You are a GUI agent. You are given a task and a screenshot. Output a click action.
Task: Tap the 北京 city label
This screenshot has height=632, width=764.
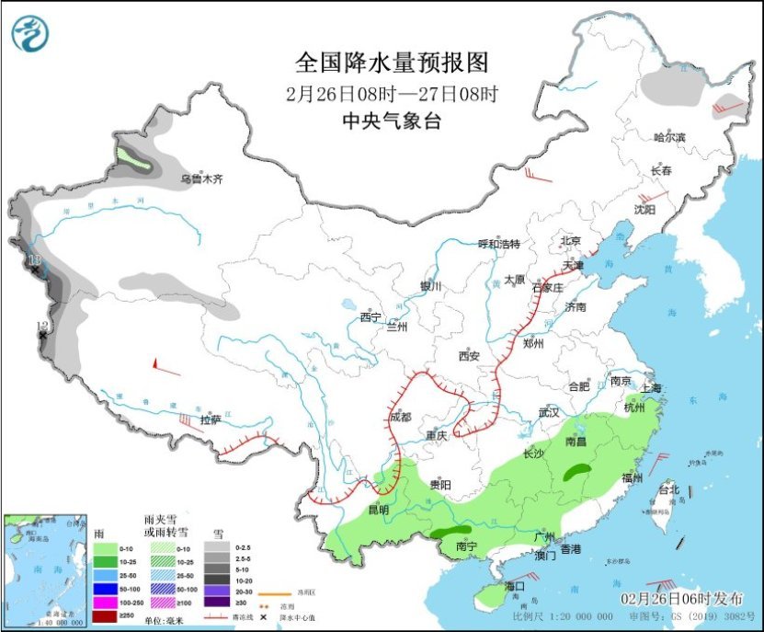tap(571, 241)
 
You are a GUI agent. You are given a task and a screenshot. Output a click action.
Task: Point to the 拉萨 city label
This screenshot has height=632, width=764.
tap(210, 419)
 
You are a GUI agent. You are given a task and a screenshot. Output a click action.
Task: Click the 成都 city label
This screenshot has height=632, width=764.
tap(400, 416)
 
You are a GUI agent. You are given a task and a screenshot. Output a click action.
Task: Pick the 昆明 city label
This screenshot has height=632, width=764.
tap(379, 509)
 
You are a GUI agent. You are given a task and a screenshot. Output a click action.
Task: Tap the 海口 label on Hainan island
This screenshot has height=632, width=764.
tap(514, 586)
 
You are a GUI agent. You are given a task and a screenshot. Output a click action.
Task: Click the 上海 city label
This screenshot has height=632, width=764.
tap(652, 387)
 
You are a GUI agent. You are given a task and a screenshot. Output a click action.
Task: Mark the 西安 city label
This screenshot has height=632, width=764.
tap(470, 355)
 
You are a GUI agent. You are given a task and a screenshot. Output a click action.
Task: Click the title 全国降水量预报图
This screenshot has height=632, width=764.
tap(391, 63)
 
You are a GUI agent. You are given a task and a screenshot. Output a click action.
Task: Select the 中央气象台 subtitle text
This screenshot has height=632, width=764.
tap(391, 121)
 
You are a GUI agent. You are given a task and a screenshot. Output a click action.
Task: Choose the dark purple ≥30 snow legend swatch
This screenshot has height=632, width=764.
tap(218, 601)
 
